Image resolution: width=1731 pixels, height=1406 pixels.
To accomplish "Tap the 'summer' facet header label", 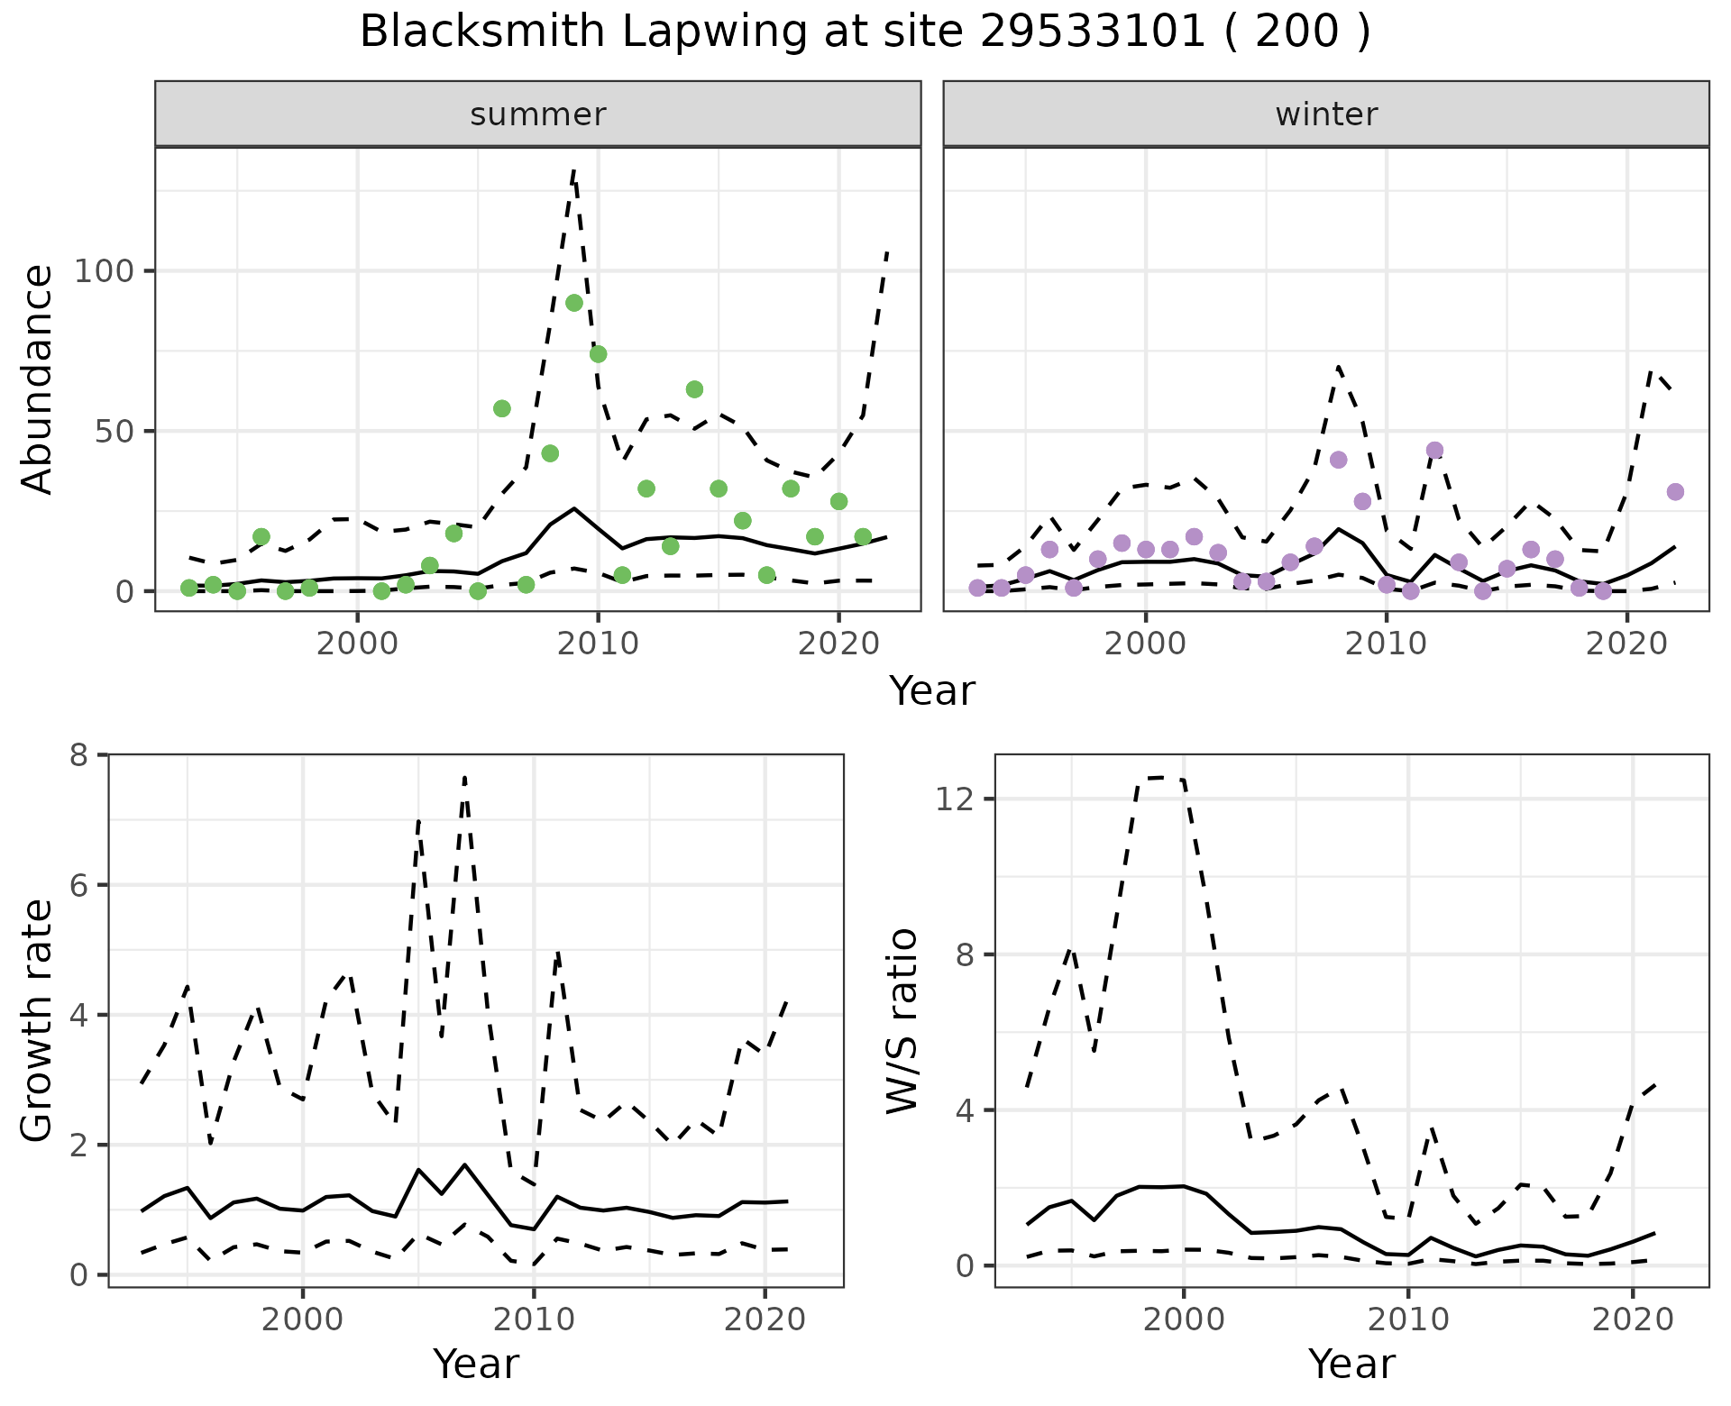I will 537,114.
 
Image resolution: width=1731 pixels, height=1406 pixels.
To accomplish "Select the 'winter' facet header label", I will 1325,114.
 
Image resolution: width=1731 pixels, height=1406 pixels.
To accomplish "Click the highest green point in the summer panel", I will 574,303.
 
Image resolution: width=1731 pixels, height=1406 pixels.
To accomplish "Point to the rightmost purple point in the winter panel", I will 1675,492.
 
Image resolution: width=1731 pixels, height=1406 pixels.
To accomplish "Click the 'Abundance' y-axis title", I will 38,379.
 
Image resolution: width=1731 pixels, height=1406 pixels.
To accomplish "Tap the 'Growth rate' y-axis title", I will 38,1020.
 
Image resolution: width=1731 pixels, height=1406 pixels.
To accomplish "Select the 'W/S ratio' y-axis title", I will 902,1020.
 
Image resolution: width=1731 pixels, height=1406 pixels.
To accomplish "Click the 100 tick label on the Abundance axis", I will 105,271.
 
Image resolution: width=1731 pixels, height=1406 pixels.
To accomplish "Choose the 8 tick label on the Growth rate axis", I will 78,754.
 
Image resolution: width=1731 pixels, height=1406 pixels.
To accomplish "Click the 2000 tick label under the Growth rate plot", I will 303,1320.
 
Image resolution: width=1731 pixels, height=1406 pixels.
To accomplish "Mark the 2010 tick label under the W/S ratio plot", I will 1407,1320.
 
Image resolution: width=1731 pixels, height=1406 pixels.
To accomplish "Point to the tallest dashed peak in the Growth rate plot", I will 464,777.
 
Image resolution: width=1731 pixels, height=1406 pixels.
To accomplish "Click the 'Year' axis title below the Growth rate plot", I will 476,1365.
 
